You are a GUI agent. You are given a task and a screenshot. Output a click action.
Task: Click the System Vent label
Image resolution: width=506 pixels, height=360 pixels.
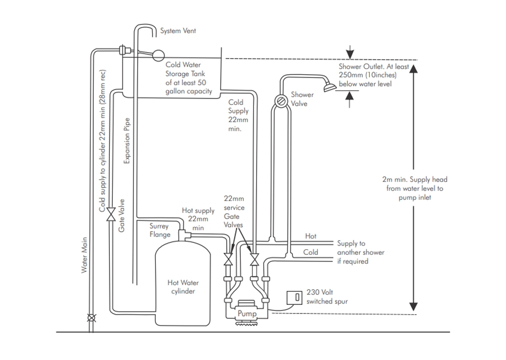[178, 31]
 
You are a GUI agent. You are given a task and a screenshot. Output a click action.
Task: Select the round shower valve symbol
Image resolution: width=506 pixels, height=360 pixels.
[280, 101]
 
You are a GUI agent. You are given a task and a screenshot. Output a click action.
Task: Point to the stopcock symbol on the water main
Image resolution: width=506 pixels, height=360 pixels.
[91, 318]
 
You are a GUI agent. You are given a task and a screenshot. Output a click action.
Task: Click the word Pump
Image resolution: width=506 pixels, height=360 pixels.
[247, 314]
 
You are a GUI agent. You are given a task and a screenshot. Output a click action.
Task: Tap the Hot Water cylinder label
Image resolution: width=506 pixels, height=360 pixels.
[181, 287]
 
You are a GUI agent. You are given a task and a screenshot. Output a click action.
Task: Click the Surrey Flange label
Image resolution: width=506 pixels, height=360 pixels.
[160, 231]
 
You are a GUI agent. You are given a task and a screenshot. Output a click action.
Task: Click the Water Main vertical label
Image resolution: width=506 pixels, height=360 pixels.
[85, 255]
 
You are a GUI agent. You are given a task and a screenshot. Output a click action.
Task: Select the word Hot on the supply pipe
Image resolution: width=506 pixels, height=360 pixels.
[311, 236]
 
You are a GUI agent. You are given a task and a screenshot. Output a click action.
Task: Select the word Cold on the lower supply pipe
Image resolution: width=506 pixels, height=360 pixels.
[311, 252]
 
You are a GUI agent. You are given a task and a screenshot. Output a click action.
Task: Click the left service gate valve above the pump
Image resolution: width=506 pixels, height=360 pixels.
[228, 259]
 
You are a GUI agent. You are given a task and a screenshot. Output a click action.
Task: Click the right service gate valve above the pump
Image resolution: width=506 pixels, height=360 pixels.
[255, 259]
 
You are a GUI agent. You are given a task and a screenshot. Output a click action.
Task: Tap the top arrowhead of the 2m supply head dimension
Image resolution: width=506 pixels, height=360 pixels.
[413, 69]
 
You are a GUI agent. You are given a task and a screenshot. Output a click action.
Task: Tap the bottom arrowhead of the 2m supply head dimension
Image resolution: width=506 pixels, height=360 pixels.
[413, 306]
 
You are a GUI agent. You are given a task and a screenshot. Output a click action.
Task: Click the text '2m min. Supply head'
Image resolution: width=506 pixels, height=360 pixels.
[414, 179]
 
